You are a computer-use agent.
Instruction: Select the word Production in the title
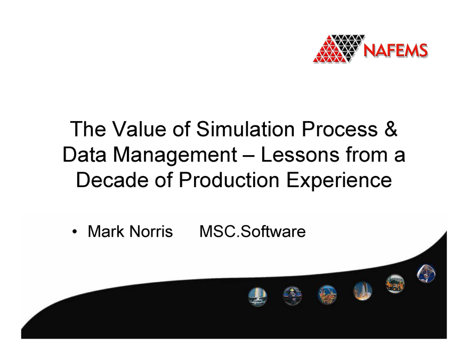point(234,180)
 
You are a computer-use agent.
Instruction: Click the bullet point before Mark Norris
point(76,233)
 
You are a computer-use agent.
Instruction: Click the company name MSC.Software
point(252,232)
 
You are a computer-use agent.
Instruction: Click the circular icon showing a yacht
point(257,296)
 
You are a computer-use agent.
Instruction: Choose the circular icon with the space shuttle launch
point(362,291)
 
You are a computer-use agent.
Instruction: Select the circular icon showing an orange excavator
point(395,283)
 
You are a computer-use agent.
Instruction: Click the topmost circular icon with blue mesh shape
point(426,273)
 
